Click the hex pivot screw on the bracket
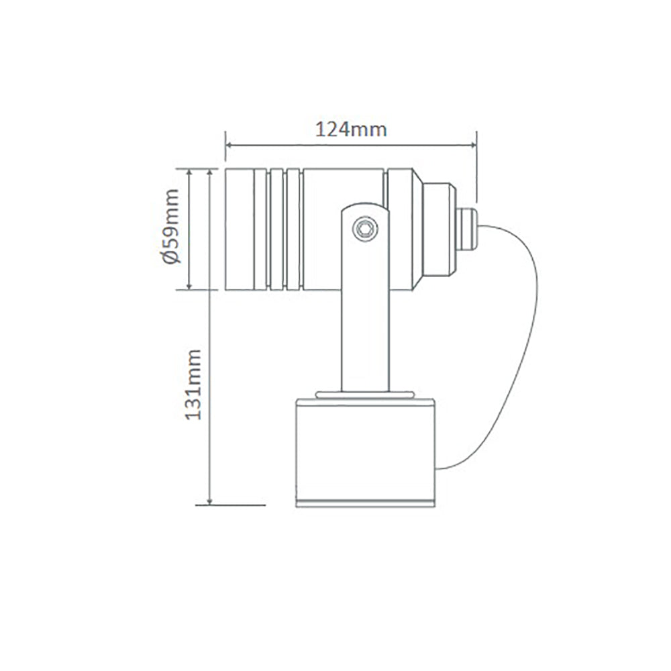coord(364,227)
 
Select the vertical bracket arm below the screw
coord(364,322)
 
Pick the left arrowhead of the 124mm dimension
coord(228,144)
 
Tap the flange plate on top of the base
coord(365,395)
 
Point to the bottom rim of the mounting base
coord(365,503)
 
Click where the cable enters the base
coord(439,468)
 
